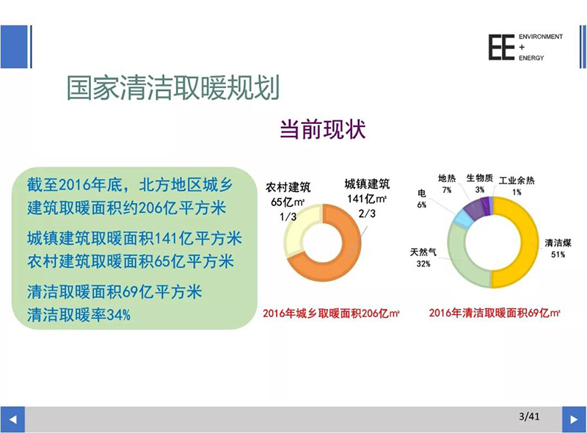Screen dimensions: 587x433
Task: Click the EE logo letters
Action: click(x=501, y=47)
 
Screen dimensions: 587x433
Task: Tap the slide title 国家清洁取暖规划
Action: click(x=173, y=88)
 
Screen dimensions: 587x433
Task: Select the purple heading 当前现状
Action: click(x=323, y=130)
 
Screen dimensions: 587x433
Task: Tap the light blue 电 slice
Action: click(x=464, y=219)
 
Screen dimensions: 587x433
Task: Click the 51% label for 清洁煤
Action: click(x=558, y=255)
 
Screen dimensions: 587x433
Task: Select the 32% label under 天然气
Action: click(x=423, y=263)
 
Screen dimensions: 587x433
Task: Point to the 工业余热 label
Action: click(x=517, y=181)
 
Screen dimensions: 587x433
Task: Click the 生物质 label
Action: click(x=480, y=178)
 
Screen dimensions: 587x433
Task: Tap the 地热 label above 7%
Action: click(x=447, y=178)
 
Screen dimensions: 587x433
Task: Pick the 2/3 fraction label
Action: click(x=367, y=214)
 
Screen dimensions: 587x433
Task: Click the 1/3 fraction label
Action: click(x=288, y=216)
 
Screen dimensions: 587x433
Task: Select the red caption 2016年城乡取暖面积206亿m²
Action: click(x=331, y=313)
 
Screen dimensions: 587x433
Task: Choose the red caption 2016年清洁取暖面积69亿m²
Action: click(x=494, y=313)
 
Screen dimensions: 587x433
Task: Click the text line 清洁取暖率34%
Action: click(x=79, y=315)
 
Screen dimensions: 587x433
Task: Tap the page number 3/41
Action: click(x=529, y=416)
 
